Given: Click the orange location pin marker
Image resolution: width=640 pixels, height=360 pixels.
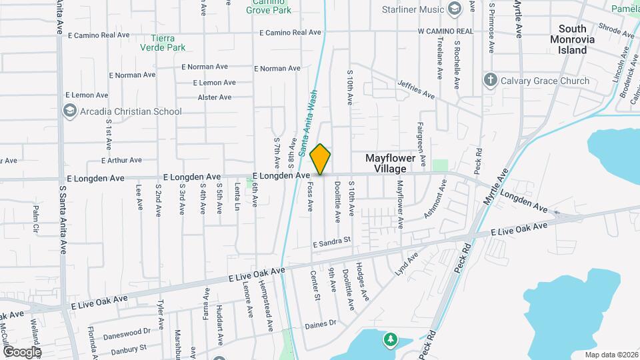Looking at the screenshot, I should click(x=321, y=159).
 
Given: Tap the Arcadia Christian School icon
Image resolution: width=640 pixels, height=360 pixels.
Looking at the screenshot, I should click(x=69, y=111).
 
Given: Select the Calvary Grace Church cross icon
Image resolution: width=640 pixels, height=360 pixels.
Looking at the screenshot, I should click(x=490, y=81).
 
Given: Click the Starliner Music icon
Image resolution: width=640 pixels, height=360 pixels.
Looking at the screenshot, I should click(x=455, y=9).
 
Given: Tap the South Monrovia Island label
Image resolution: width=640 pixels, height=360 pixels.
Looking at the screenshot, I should click(x=573, y=39).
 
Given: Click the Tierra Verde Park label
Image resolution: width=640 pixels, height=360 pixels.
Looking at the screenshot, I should click(x=163, y=43).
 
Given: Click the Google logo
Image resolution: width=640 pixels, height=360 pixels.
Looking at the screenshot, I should click(x=22, y=351).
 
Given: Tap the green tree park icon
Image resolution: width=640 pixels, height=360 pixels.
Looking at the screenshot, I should click(x=390, y=340).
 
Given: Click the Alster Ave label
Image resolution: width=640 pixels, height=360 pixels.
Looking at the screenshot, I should click(x=215, y=97).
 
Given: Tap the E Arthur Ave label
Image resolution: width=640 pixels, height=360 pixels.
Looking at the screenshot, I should click(x=121, y=160).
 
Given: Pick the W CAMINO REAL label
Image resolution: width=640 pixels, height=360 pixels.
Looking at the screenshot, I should click(x=445, y=31).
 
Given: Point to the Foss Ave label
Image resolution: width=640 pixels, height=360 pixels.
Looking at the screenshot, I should click(x=311, y=198).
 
